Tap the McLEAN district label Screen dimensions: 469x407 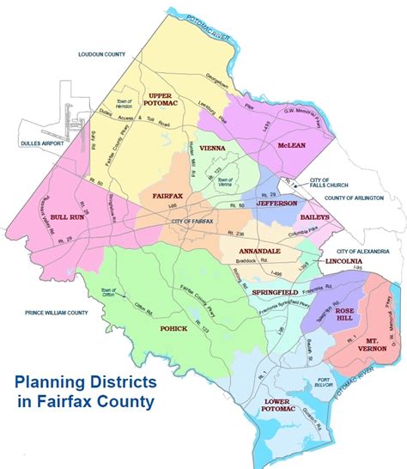click(x=292, y=145)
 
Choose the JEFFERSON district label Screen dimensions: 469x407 click(x=276, y=204)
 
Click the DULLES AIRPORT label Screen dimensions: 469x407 click(x=34, y=143)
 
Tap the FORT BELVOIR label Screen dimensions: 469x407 click(x=303, y=363)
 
